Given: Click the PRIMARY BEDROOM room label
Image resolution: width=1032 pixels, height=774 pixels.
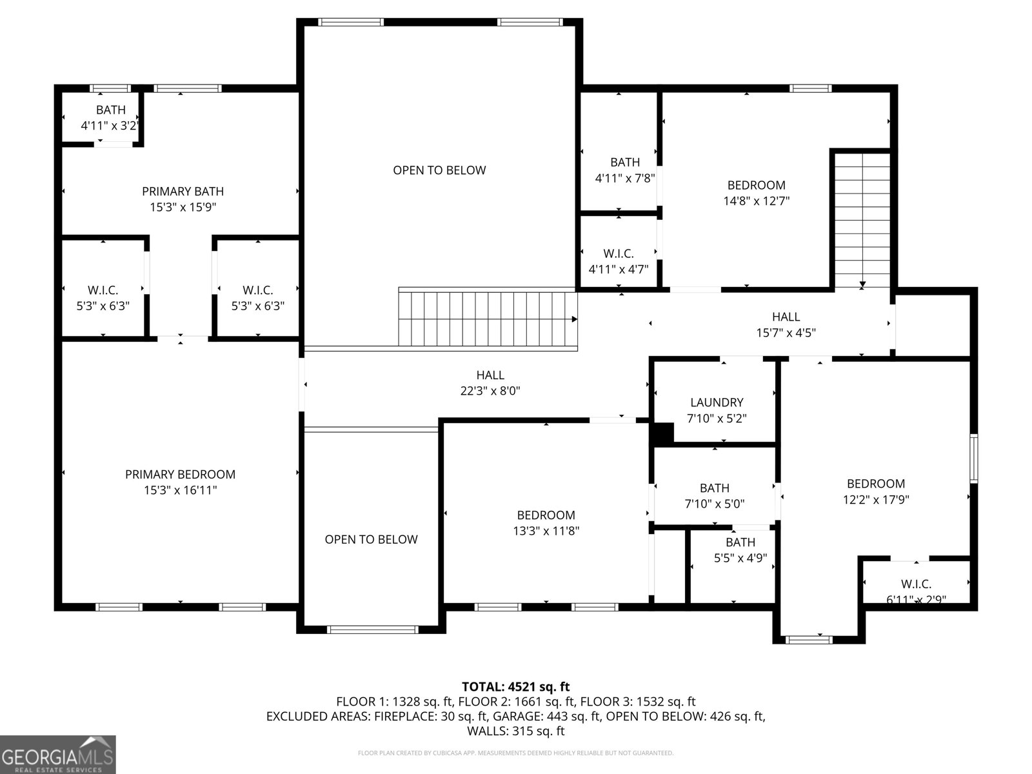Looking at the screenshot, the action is click(x=180, y=474).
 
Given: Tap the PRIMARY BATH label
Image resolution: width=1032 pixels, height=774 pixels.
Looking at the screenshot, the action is click(x=183, y=192).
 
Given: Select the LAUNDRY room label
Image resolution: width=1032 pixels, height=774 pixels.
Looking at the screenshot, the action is click(x=717, y=402).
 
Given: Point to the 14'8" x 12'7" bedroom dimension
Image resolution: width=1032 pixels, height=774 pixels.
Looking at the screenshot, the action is click(x=756, y=201).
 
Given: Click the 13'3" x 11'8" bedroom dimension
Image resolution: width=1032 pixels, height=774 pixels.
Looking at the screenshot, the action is click(x=546, y=531).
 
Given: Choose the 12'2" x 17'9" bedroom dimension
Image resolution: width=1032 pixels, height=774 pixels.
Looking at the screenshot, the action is click(x=876, y=499).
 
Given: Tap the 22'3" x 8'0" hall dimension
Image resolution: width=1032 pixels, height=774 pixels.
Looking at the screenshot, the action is click(x=490, y=390).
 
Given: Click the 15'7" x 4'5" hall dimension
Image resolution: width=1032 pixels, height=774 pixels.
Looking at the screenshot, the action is click(x=786, y=333).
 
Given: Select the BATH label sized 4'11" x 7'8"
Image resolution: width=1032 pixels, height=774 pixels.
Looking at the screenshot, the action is click(x=625, y=162).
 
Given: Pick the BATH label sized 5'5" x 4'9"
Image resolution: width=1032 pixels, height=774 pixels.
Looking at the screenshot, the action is click(x=740, y=542).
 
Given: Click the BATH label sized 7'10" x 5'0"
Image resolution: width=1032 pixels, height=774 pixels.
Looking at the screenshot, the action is click(x=715, y=488).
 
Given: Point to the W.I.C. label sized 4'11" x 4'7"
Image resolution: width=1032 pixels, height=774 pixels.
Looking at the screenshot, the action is click(x=619, y=253).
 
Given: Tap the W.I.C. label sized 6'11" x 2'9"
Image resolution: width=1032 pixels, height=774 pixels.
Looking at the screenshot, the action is click(x=917, y=584).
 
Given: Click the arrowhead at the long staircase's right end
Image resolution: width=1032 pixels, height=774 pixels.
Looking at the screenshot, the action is click(x=574, y=319).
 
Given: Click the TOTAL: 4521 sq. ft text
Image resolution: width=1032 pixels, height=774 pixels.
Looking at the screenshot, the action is click(x=516, y=686).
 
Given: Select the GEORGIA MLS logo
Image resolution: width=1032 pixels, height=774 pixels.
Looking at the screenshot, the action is click(x=58, y=755).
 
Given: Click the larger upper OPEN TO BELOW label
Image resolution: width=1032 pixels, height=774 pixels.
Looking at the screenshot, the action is click(x=439, y=170).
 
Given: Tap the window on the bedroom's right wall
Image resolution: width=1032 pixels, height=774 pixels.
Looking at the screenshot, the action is click(x=974, y=458).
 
